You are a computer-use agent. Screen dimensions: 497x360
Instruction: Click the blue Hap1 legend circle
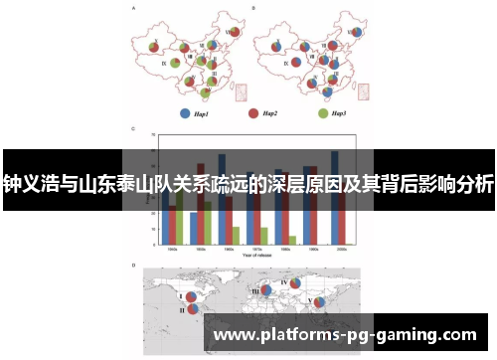184,112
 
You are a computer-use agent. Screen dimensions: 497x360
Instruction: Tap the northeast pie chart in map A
232,33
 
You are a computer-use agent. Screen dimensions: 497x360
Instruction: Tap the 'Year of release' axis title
254,256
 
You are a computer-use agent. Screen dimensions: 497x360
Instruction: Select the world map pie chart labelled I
190,295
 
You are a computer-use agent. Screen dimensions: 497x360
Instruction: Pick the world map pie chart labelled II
193,309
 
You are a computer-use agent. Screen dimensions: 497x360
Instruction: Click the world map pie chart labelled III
265,290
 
